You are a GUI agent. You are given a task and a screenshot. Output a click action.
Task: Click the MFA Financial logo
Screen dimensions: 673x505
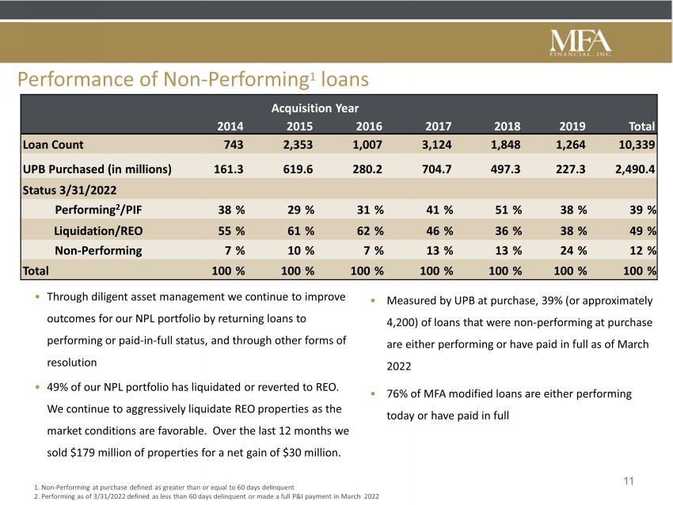[x=580, y=44]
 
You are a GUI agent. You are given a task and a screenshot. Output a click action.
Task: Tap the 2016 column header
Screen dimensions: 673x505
[x=369, y=126]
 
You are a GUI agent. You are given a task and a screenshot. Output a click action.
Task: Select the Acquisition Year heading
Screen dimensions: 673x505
[x=314, y=108]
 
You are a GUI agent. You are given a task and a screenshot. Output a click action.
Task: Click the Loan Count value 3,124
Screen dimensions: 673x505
[x=436, y=145]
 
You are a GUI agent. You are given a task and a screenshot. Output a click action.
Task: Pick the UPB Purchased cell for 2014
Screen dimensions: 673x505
[x=228, y=169]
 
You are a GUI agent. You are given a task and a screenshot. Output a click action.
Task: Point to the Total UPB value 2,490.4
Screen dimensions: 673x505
[x=635, y=169]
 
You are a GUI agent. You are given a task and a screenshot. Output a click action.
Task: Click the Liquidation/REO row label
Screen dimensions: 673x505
[x=98, y=231]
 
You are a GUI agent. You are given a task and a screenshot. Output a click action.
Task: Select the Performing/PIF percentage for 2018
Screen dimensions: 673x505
[x=508, y=210]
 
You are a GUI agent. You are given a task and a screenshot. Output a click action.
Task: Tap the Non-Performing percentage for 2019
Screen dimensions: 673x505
[x=573, y=251]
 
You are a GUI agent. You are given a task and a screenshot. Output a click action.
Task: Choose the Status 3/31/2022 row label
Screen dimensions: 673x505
[x=70, y=190]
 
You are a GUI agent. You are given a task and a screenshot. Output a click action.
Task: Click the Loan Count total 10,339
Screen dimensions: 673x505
[x=637, y=145]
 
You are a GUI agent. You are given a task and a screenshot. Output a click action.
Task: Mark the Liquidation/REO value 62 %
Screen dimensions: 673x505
[x=370, y=231]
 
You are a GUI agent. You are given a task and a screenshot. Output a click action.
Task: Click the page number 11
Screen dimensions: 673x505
[x=629, y=481]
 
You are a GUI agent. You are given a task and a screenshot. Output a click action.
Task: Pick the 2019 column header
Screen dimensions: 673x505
[x=572, y=126]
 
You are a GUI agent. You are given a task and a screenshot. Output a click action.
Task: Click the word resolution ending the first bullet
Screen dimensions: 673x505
[x=72, y=363]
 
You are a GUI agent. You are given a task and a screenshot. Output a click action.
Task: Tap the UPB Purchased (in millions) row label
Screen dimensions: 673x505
[x=97, y=169]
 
